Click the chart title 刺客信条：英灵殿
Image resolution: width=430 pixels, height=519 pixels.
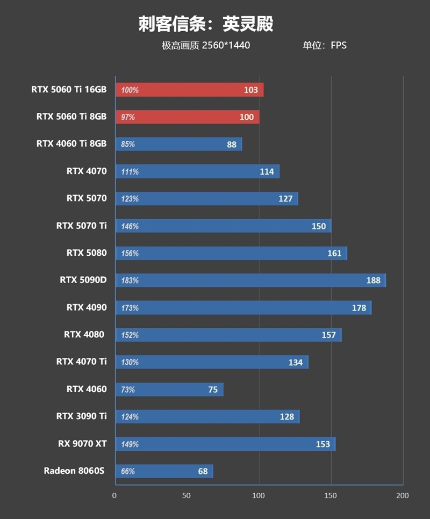coord(206,24)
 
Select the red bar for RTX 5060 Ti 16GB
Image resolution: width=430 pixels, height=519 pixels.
coord(189,90)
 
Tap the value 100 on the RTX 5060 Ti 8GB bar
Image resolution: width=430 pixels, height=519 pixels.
coord(247,117)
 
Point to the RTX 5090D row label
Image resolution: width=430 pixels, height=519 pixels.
coord(83,280)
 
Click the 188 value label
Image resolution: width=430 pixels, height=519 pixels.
coord(373,280)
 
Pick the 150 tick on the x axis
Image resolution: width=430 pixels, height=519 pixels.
coord(331,495)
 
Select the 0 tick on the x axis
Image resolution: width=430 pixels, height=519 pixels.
coord(114,495)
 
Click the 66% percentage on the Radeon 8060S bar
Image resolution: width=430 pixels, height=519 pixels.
coord(128,472)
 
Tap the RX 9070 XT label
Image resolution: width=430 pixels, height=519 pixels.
coord(82,444)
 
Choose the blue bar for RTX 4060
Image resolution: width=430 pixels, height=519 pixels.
coord(169,390)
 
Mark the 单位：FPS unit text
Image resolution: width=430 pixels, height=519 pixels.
coord(325,46)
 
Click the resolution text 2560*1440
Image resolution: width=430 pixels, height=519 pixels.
coord(226,46)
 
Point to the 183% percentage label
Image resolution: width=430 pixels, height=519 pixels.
coord(130,280)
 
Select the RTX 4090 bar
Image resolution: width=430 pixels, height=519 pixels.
coord(243,308)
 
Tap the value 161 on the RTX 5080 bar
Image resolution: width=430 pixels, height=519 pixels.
coord(334,253)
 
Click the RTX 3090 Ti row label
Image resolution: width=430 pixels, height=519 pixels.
coord(81,416)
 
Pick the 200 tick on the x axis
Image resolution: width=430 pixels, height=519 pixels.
coord(403,495)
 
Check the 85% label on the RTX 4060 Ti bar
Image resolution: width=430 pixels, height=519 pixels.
coord(128,145)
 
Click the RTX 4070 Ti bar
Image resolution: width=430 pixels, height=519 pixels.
coord(211,362)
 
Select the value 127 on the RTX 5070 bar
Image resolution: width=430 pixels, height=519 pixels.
coord(285,199)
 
